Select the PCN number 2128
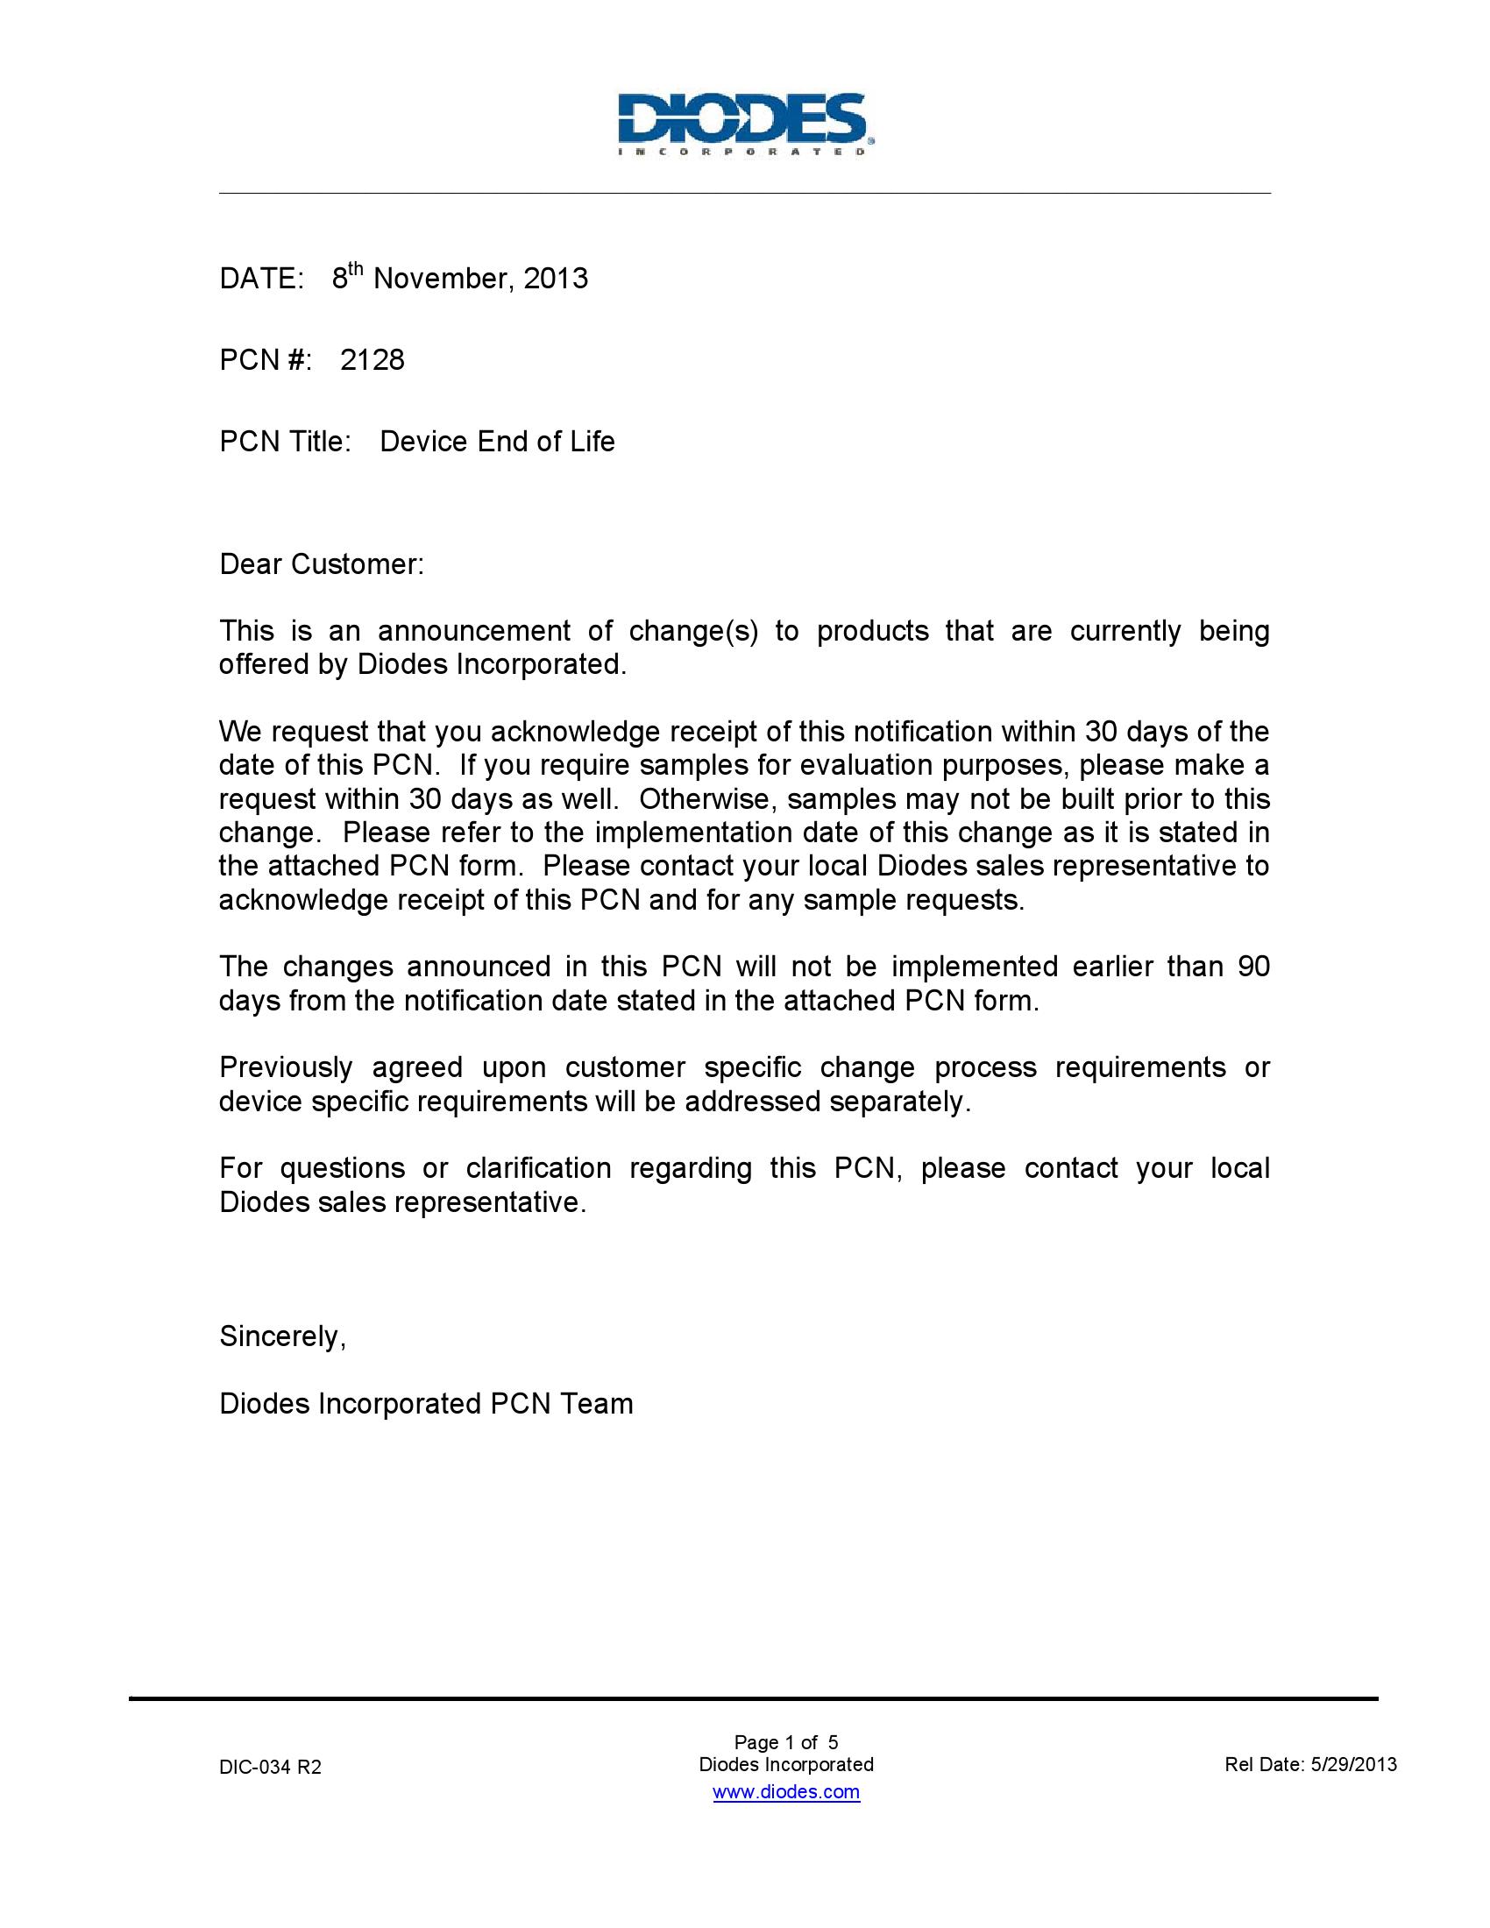coord(372,360)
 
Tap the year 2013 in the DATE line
coord(555,279)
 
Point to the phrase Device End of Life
coord(497,442)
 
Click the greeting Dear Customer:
coord(322,564)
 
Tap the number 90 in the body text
coord(1253,967)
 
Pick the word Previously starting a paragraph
coord(285,1067)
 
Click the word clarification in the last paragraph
coord(538,1168)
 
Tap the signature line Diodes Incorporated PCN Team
coord(426,1404)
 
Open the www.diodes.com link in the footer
coord(785,1791)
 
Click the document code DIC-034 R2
coord(270,1767)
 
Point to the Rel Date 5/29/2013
coord(1311,1765)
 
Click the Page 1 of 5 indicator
coord(785,1741)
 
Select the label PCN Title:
coord(285,442)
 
